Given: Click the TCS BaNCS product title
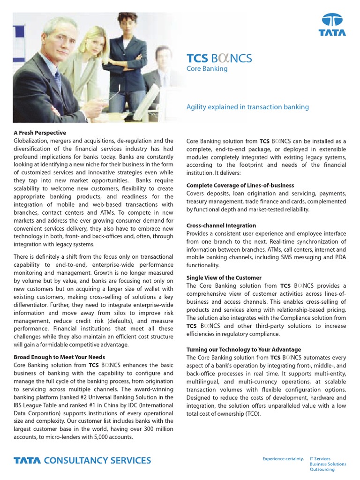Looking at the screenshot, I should [x=219, y=58].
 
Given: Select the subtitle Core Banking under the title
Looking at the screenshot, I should [x=207, y=69].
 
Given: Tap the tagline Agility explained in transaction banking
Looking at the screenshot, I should [x=247, y=107].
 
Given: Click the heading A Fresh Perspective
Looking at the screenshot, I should [x=40, y=133].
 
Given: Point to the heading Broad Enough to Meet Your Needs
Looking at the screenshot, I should [x=59, y=357].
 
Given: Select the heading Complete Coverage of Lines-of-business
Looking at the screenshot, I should [x=240, y=186].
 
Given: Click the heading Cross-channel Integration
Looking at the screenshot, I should [x=221, y=225].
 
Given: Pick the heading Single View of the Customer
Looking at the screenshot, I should [x=224, y=277].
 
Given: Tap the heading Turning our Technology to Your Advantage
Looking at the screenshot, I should [x=244, y=350].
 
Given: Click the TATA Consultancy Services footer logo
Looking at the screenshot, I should [x=82, y=460].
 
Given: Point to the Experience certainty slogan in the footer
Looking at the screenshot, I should [x=283, y=458].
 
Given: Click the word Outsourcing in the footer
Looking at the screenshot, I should [x=322, y=469].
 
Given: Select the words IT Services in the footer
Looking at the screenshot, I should [x=320, y=458].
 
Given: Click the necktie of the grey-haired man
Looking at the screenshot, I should [x=57, y=80].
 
